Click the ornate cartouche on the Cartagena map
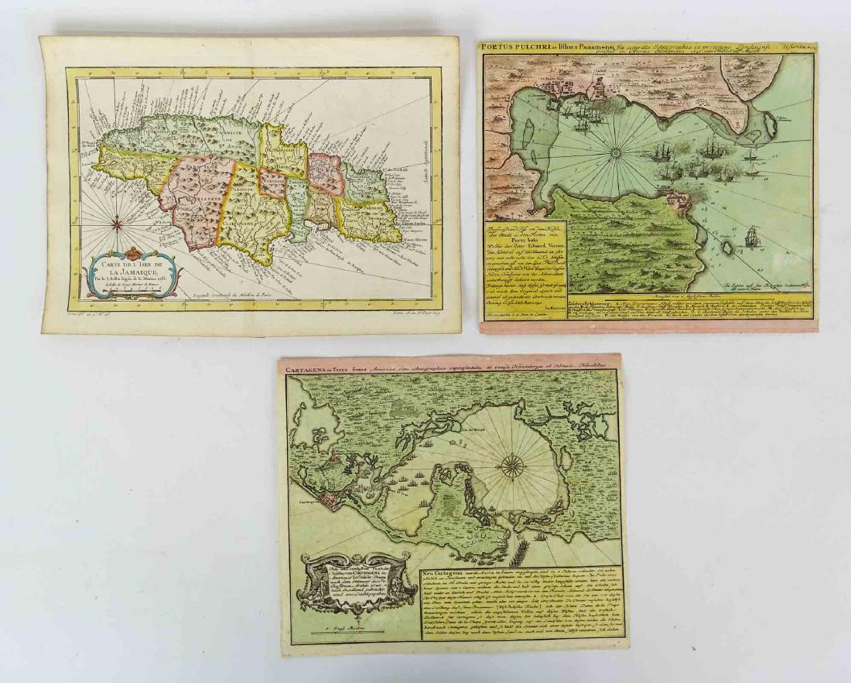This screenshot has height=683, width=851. [354, 580]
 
